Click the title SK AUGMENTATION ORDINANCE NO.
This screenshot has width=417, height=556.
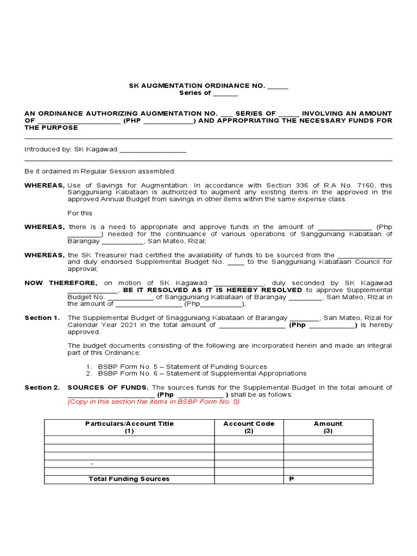pyautogui.click(x=197, y=86)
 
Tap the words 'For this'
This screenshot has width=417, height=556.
pyautogui.click(x=80, y=213)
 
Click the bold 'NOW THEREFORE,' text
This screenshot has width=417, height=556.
pyautogui.click(x=61, y=283)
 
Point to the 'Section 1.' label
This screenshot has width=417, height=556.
pyautogui.click(x=42, y=318)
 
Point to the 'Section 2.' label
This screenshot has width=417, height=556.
pyautogui.click(x=42, y=388)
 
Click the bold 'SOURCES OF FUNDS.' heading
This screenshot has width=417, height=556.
pyautogui.click(x=108, y=388)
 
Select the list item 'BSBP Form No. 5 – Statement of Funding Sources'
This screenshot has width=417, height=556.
pyautogui.click(x=182, y=367)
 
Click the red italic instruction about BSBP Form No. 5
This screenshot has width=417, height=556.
pyautogui.click(x=153, y=402)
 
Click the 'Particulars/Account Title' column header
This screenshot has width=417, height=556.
pyautogui.click(x=129, y=424)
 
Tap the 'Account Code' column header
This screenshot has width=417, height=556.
pyautogui.click(x=249, y=424)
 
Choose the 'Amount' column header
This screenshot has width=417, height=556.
pyautogui.click(x=328, y=424)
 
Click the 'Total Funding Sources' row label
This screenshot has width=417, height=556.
pyautogui.click(x=129, y=479)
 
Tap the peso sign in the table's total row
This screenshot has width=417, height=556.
pyautogui.click(x=290, y=479)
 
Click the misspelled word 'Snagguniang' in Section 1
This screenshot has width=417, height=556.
pyautogui.click(x=161, y=318)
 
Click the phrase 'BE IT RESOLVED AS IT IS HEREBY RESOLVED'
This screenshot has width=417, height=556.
pyautogui.click(x=212, y=290)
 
